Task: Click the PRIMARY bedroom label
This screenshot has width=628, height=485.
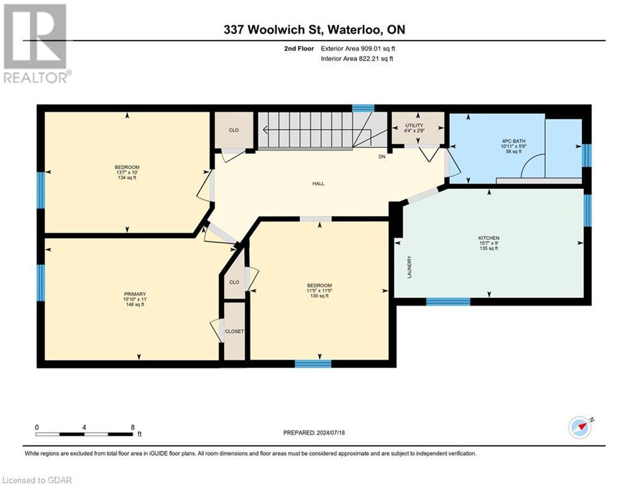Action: (134, 294)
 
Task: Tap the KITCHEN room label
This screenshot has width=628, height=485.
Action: (489, 238)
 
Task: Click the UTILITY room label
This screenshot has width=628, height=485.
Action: (414, 126)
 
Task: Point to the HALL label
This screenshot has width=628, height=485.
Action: (318, 184)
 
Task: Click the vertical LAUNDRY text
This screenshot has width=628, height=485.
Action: (410, 267)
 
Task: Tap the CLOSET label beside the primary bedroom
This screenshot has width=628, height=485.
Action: (234, 331)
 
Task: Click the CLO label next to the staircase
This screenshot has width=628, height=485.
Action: (234, 130)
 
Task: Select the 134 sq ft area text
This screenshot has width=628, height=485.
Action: (126, 178)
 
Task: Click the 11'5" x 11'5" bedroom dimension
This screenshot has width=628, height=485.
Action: (319, 290)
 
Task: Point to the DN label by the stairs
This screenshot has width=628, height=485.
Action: (382, 156)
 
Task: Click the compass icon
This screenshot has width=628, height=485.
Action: (579, 427)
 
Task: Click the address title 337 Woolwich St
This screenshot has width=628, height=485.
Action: (313, 29)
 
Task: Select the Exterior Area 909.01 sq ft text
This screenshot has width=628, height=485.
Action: (358, 48)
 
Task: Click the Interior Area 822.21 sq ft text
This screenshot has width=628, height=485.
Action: (357, 59)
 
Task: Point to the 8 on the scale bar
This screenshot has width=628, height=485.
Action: (132, 427)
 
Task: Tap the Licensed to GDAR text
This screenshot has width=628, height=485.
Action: (37, 480)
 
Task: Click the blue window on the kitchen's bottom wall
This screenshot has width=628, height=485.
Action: (447, 301)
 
